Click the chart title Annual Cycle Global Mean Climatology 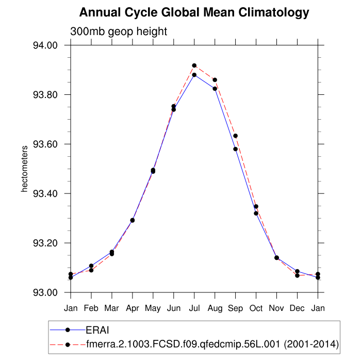click(194, 12)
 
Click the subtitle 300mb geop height click(119, 31)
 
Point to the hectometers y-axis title click(24, 169)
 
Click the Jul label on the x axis click(194, 309)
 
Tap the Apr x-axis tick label click(133, 309)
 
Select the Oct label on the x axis click(256, 309)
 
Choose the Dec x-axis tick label click(298, 309)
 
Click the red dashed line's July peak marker click(194, 65)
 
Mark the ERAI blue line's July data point click(194, 75)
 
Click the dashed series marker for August click(215, 80)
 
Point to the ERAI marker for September click(236, 149)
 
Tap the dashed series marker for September click(236, 136)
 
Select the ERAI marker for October click(256, 214)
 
